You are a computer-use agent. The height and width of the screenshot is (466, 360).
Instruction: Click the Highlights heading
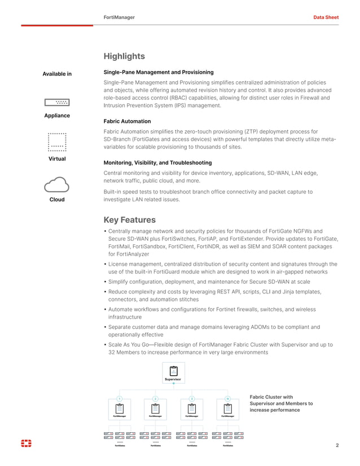click(124, 56)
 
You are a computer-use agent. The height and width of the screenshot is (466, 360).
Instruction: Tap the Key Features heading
click(129, 220)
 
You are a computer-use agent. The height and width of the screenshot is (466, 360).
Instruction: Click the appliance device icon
click(57, 102)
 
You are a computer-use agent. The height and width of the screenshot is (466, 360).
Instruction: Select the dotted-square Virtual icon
click(57, 142)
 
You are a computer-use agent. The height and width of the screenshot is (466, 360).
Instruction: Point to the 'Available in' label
click(57, 74)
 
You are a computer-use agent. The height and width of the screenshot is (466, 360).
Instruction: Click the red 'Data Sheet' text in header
click(326, 17)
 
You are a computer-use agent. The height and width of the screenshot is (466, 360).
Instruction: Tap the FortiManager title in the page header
click(119, 17)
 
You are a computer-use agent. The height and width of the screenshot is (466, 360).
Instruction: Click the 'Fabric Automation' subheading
click(127, 121)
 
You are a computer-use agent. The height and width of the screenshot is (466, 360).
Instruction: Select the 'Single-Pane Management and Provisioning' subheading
click(159, 72)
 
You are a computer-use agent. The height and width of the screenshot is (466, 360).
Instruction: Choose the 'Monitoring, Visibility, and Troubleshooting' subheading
click(157, 163)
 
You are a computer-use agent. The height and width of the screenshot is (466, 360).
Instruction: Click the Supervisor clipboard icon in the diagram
click(173, 371)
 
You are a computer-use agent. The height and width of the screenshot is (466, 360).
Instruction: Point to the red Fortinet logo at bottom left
click(26, 444)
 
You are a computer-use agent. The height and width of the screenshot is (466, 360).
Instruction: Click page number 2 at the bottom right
click(337, 445)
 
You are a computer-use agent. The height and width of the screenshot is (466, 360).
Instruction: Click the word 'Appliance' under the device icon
click(57, 116)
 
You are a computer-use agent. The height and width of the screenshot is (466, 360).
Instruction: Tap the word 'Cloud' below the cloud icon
click(57, 200)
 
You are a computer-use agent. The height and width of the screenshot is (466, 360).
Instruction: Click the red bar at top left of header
click(57, 25)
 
